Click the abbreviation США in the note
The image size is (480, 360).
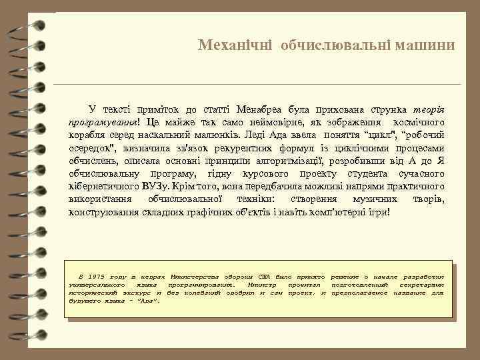265,276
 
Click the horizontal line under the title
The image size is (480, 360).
257,85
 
